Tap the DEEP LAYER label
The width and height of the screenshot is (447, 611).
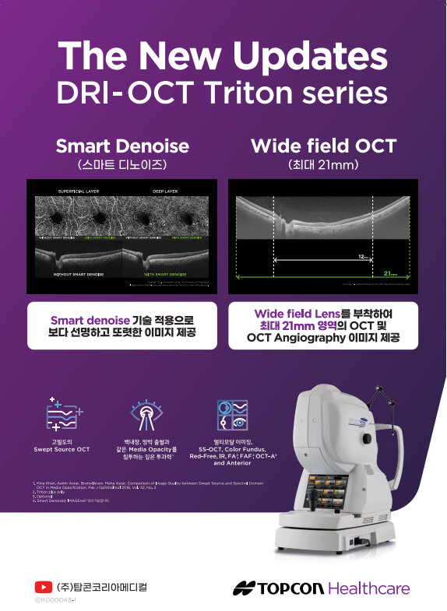click(164, 191)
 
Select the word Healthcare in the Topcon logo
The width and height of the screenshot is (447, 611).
click(368, 588)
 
